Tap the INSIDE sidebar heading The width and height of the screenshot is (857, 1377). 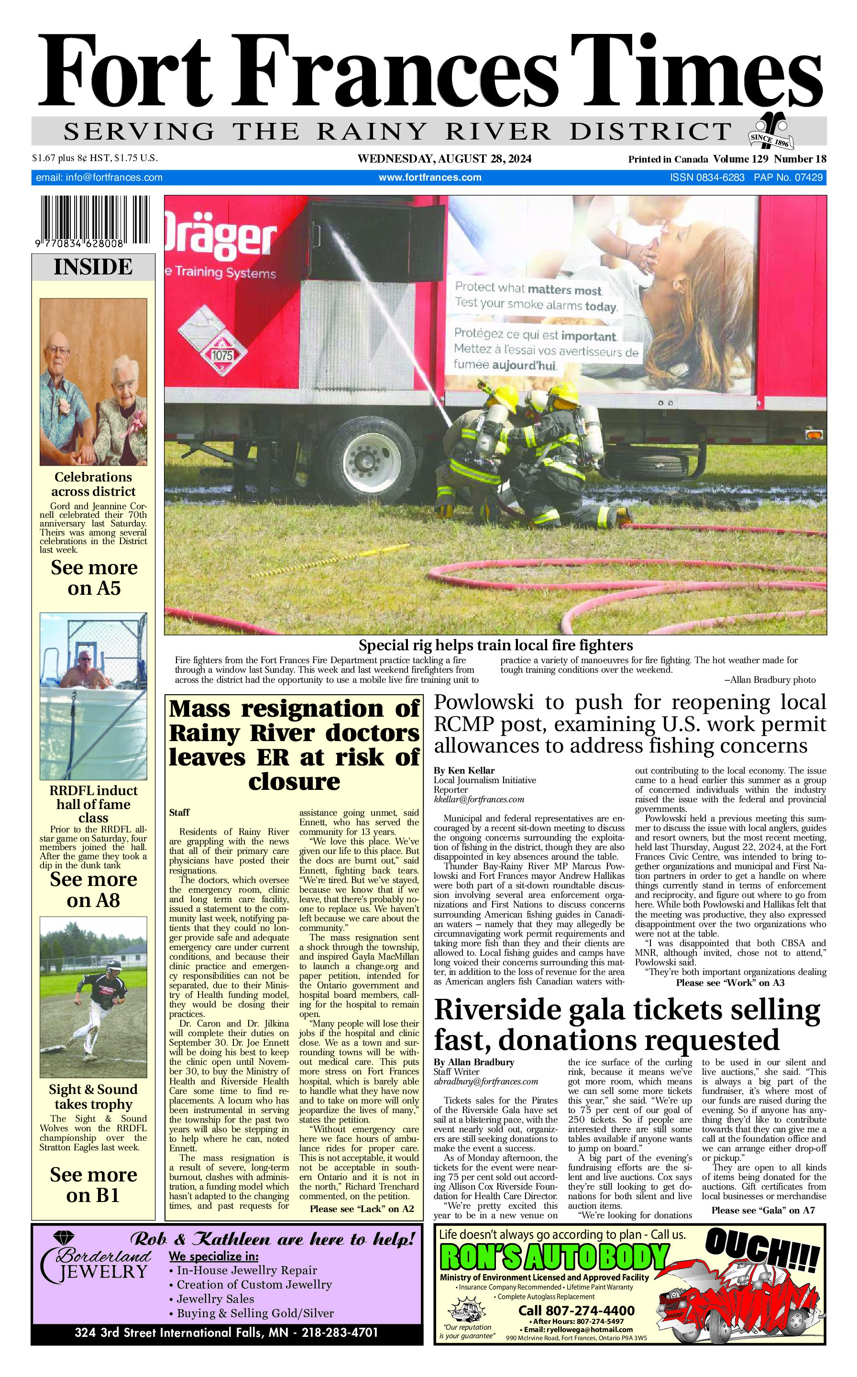coord(93,267)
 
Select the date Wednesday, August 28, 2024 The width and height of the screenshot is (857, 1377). coord(444,159)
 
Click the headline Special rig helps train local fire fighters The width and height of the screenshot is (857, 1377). coord(495,645)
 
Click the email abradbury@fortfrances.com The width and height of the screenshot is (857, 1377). coord(485,1081)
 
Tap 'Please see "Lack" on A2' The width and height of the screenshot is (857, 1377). coord(362,1208)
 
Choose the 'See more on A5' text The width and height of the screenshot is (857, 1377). coord(94,578)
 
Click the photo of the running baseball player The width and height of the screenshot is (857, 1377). coord(93,997)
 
